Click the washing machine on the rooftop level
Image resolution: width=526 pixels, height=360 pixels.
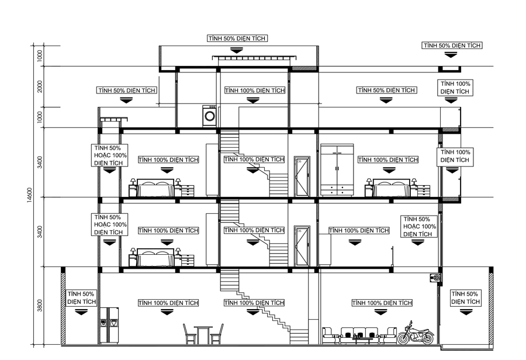[209, 116]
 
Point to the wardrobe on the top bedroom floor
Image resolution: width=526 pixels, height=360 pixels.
[337, 170]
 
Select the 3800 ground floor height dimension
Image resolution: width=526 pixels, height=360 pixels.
[40, 306]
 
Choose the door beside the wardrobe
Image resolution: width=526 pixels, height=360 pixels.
[302, 177]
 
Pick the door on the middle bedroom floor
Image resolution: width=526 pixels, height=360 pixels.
[302, 245]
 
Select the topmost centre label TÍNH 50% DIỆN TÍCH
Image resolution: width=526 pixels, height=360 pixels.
[237, 38]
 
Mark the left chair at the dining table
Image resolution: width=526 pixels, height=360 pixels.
[189, 334]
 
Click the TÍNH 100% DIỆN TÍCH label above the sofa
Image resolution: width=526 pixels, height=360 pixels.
[382, 303]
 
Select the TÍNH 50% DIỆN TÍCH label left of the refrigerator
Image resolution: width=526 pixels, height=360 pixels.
[81, 297]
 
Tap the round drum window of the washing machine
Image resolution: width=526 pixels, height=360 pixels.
[209, 117]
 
